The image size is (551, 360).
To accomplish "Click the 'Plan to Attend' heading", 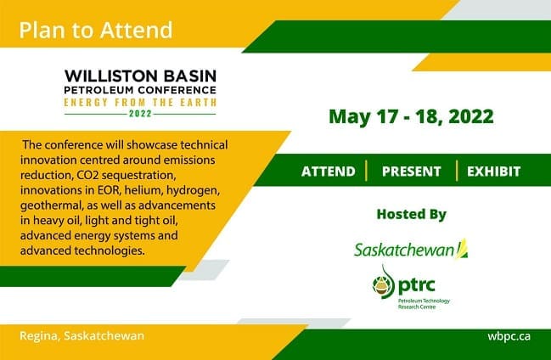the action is pos(96,30).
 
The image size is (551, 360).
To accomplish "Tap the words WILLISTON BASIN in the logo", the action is pos(140,76).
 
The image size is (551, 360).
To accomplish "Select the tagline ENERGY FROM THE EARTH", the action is pos(140,103).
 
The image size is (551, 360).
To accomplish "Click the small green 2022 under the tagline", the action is pos(140,114).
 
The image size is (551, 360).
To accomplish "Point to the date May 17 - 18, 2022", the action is pos(411,116).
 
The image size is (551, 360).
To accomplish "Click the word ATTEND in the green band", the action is pos(329,172).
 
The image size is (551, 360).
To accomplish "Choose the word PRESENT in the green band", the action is pos(412,172).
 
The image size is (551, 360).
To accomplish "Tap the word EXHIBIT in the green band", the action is pos(494,172).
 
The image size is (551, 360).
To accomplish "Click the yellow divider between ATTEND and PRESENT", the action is pos(367,171).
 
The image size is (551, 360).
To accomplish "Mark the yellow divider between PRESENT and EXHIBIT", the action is pos(457,171).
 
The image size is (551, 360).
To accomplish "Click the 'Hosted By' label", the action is pos(411,214).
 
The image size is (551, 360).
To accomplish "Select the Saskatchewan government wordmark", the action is pos(404,250).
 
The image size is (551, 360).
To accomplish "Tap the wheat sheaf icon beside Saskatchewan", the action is pos(462,249).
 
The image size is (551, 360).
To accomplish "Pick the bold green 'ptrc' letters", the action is pos(417,285).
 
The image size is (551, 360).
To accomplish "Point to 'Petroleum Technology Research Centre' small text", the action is pos(424,304).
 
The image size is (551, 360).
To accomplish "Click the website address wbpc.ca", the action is pos(509,336).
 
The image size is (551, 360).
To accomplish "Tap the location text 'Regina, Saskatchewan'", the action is pos(82,335).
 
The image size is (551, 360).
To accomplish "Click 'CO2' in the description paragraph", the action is pos(87,175).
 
